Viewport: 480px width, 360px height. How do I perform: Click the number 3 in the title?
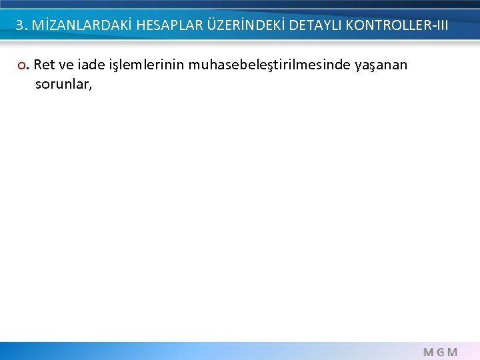(x=20, y=26)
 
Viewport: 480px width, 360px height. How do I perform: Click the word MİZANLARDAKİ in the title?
(x=74, y=26)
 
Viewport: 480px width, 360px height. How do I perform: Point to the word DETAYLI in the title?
(x=313, y=26)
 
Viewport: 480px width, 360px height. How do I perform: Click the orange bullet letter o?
(x=23, y=65)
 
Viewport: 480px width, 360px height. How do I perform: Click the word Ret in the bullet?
(x=44, y=65)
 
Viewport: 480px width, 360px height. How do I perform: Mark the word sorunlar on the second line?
(x=61, y=85)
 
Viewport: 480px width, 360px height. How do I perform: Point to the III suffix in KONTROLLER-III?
(x=440, y=26)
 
